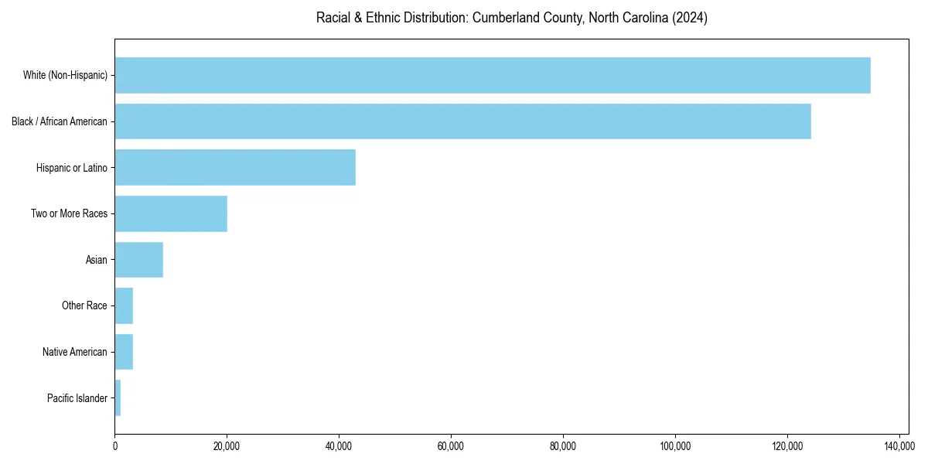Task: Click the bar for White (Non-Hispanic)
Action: point(492,75)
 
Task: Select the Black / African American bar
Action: point(462,121)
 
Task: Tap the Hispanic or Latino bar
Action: point(235,167)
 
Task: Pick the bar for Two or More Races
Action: point(171,213)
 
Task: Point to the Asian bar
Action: point(139,260)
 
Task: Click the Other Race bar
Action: point(124,305)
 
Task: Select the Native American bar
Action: point(124,352)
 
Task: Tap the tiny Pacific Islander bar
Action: point(118,398)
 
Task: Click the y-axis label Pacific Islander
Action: point(77,398)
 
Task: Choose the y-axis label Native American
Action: point(75,352)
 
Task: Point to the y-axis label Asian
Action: point(97,260)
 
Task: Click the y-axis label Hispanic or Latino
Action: point(72,167)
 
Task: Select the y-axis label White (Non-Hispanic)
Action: point(65,75)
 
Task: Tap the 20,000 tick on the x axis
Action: point(227,446)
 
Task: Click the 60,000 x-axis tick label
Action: point(451,446)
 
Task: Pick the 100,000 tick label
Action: point(675,446)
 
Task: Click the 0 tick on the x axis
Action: point(115,446)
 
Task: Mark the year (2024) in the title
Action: point(691,18)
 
